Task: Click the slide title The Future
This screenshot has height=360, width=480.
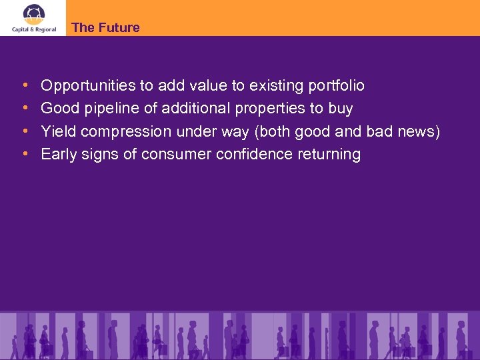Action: (105, 27)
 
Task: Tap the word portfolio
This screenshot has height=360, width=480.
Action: (337, 86)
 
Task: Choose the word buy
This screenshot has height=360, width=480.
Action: (341, 109)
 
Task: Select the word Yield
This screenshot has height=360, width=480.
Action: (57, 131)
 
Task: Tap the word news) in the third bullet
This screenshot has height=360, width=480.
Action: (419, 131)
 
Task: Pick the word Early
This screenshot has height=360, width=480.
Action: (58, 155)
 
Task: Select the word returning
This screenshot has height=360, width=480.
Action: (329, 155)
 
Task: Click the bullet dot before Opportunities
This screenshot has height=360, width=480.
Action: (25, 86)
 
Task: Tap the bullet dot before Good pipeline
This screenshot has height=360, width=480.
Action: (25, 109)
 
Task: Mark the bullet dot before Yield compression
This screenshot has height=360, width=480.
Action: (25, 131)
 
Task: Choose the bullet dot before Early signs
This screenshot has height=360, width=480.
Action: (25, 154)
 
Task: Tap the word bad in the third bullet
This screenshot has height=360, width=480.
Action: (379, 131)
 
